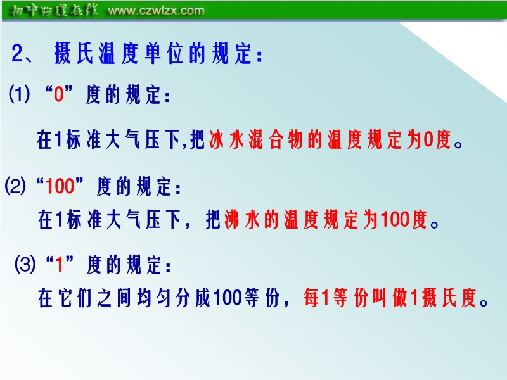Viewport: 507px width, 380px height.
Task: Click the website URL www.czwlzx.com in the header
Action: (156, 10)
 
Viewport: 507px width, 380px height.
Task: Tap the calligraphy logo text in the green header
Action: (53, 10)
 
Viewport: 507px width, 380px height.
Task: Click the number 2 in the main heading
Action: (18, 53)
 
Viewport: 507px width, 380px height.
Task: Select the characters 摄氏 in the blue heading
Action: (74, 53)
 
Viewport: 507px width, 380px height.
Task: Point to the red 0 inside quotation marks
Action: (58, 94)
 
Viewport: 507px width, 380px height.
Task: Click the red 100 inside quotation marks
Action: (60, 186)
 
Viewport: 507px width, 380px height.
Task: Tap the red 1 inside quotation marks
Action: (59, 264)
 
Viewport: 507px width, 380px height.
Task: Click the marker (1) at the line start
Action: (20, 94)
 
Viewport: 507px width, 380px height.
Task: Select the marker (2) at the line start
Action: (15, 186)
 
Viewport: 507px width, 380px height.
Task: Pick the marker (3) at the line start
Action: (25, 264)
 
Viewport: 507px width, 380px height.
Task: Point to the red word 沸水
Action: (242, 219)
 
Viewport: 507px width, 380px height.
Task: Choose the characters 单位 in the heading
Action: (164, 53)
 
